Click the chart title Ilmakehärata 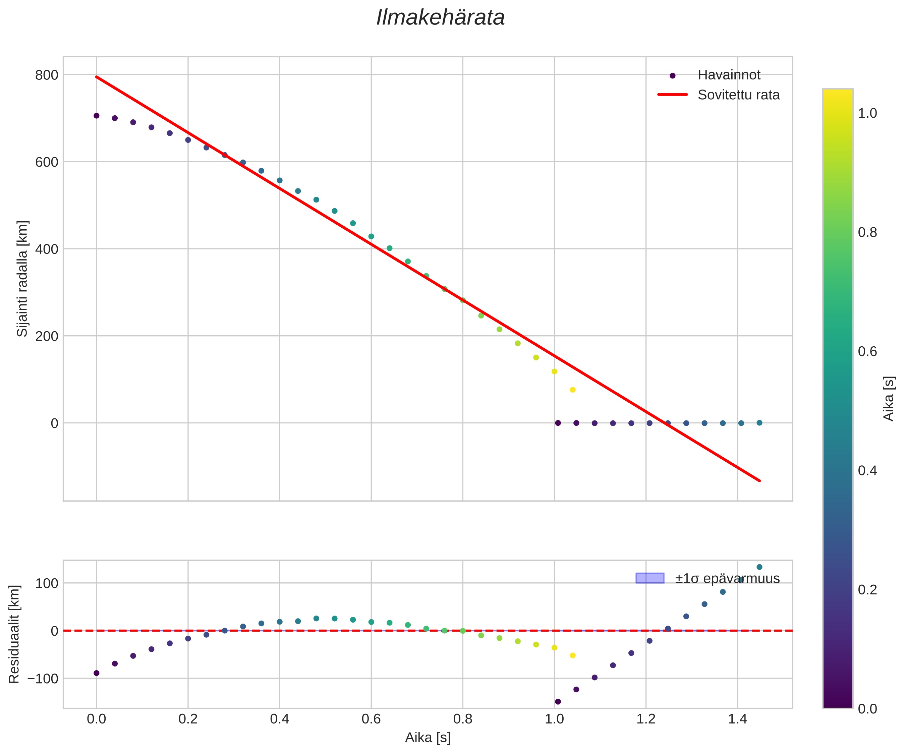point(440,18)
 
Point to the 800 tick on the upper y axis point(47,75)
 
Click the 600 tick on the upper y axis point(47,162)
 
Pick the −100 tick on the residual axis point(43,679)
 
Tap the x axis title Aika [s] point(428,738)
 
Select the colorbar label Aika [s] point(889,399)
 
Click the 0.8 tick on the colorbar point(867,232)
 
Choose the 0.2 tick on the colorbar point(867,589)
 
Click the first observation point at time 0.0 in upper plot point(97,116)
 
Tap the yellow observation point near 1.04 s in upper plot point(572,390)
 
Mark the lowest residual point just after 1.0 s point(558,702)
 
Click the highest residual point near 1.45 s point(759,567)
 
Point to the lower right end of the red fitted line point(760,481)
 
